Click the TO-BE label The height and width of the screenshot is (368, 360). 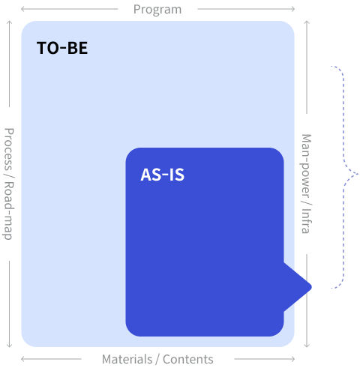tap(62, 48)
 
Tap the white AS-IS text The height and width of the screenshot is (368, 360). tap(163, 175)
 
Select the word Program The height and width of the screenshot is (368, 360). tap(157, 10)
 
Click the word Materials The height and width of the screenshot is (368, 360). tap(127, 359)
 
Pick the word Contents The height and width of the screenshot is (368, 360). tap(188, 359)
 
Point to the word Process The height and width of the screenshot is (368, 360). tap(9, 149)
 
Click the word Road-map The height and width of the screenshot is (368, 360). tap(9, 211)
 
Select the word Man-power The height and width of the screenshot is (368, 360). tap(306, 166)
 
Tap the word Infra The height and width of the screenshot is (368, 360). tap(306, 222)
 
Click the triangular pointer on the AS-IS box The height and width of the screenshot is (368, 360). tap(298, 287)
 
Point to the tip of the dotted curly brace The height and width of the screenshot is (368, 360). tap(358, 174)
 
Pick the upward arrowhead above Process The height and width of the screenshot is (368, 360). tap(9, 22)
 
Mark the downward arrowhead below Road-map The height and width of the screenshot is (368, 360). tap(9, 346)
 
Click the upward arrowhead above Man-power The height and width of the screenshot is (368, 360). tap(307, 22)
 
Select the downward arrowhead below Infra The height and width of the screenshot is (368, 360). tap(307, 346)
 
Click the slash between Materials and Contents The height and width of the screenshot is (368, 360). tap(157, 360)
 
